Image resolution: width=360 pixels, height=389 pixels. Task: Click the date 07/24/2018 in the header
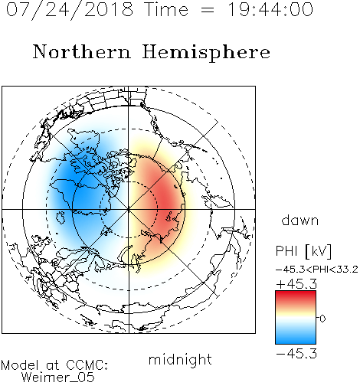coord(70,10)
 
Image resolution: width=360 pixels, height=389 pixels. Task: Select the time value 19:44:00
coord(270,10)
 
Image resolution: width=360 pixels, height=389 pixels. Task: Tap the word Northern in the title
coord(82,52)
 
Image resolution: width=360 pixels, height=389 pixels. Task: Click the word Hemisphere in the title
coord(206,53)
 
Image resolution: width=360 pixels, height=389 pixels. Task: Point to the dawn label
coord(300,221)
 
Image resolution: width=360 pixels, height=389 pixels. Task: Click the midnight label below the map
coord(180,360)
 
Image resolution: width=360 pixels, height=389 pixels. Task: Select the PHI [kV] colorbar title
coord(304,251)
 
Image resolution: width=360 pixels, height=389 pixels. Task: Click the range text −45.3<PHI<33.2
coord(317,270)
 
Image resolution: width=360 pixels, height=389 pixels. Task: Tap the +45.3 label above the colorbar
coord(296,284)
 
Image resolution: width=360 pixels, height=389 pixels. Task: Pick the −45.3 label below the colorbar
coord(296,354)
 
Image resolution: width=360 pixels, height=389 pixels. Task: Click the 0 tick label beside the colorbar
coord(322,319)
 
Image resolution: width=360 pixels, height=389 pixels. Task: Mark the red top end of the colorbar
coord(296,293)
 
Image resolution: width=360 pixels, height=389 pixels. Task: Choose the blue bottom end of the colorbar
coord(296,342)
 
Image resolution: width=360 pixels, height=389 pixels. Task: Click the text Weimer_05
coord(58,378)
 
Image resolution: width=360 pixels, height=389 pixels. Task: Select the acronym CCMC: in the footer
coord(87,365)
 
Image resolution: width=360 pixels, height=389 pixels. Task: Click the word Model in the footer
coord(20,365)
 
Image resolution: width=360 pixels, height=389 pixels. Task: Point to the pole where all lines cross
coord(129,210)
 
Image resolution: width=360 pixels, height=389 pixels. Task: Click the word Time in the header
coord(166,10)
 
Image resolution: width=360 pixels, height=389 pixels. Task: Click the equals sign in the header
coord(208,10)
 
